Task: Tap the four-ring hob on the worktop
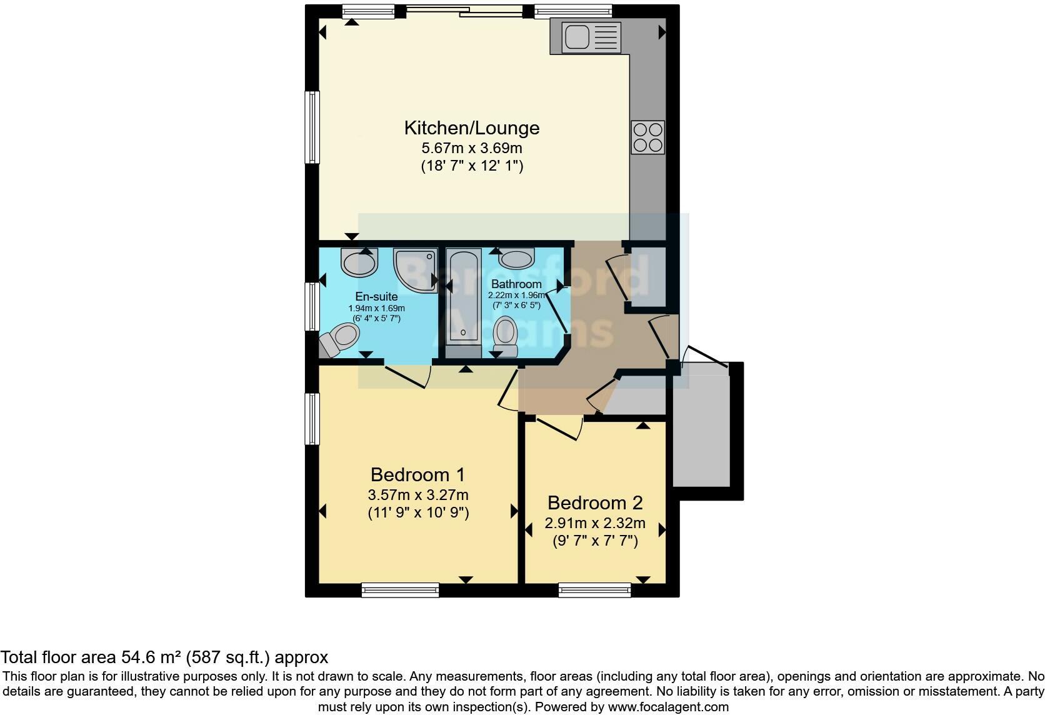647,137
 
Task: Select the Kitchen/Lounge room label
472,128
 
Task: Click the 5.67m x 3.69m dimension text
472,148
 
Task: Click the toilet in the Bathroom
505,336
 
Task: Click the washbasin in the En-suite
359,262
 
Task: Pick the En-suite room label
376,296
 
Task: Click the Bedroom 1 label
417,474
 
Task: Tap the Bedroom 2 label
595,502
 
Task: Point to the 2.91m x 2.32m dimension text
595,523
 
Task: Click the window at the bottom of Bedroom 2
594,589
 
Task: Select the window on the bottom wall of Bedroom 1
400,589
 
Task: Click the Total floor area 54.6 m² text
164,657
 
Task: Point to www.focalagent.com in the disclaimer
668,707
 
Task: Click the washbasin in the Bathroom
517,258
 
